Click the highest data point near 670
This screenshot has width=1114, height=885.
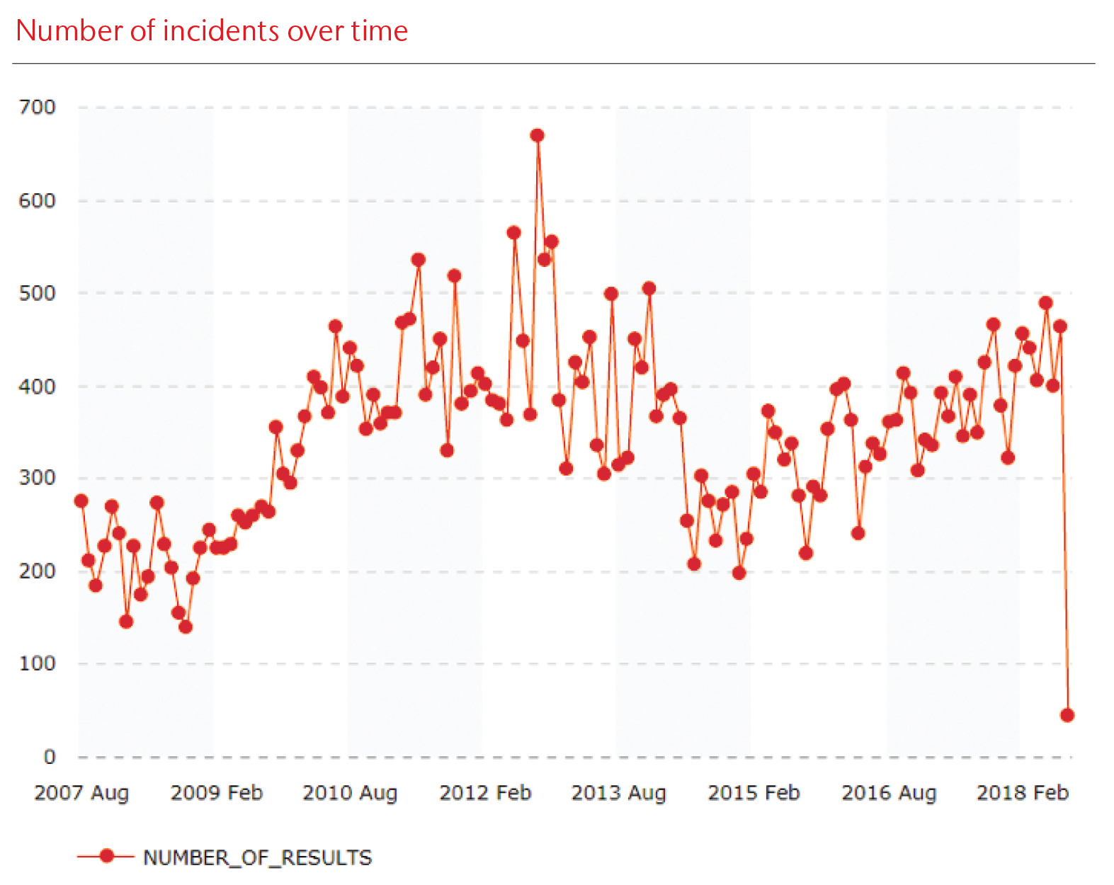click(537, 135)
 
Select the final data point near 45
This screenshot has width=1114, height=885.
click(1067, 715)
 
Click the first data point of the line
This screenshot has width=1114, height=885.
click(81, 501)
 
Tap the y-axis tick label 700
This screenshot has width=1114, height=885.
click(37, 107)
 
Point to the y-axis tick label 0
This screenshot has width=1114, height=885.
click(49, 757)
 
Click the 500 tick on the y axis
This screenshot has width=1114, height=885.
click(37, 293)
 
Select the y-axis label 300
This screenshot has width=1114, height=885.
click(37, 477)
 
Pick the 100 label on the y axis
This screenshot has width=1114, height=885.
click(37, 663)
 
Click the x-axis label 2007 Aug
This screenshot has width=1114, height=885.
click(81, 793)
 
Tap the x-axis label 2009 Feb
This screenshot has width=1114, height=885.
click(217, 793)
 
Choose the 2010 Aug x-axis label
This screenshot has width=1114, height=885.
click(350, 793)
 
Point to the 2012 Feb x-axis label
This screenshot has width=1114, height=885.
click(485, 793)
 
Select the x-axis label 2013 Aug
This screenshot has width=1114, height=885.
click(619, 793)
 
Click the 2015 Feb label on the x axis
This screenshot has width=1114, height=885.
click(754, 793)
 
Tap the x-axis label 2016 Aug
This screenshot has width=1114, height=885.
click(889, 793)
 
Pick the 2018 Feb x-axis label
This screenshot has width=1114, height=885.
click(1023, 793)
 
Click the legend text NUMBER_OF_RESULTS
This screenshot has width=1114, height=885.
click(257, 858)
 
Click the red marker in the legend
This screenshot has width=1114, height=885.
click(106, 857)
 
